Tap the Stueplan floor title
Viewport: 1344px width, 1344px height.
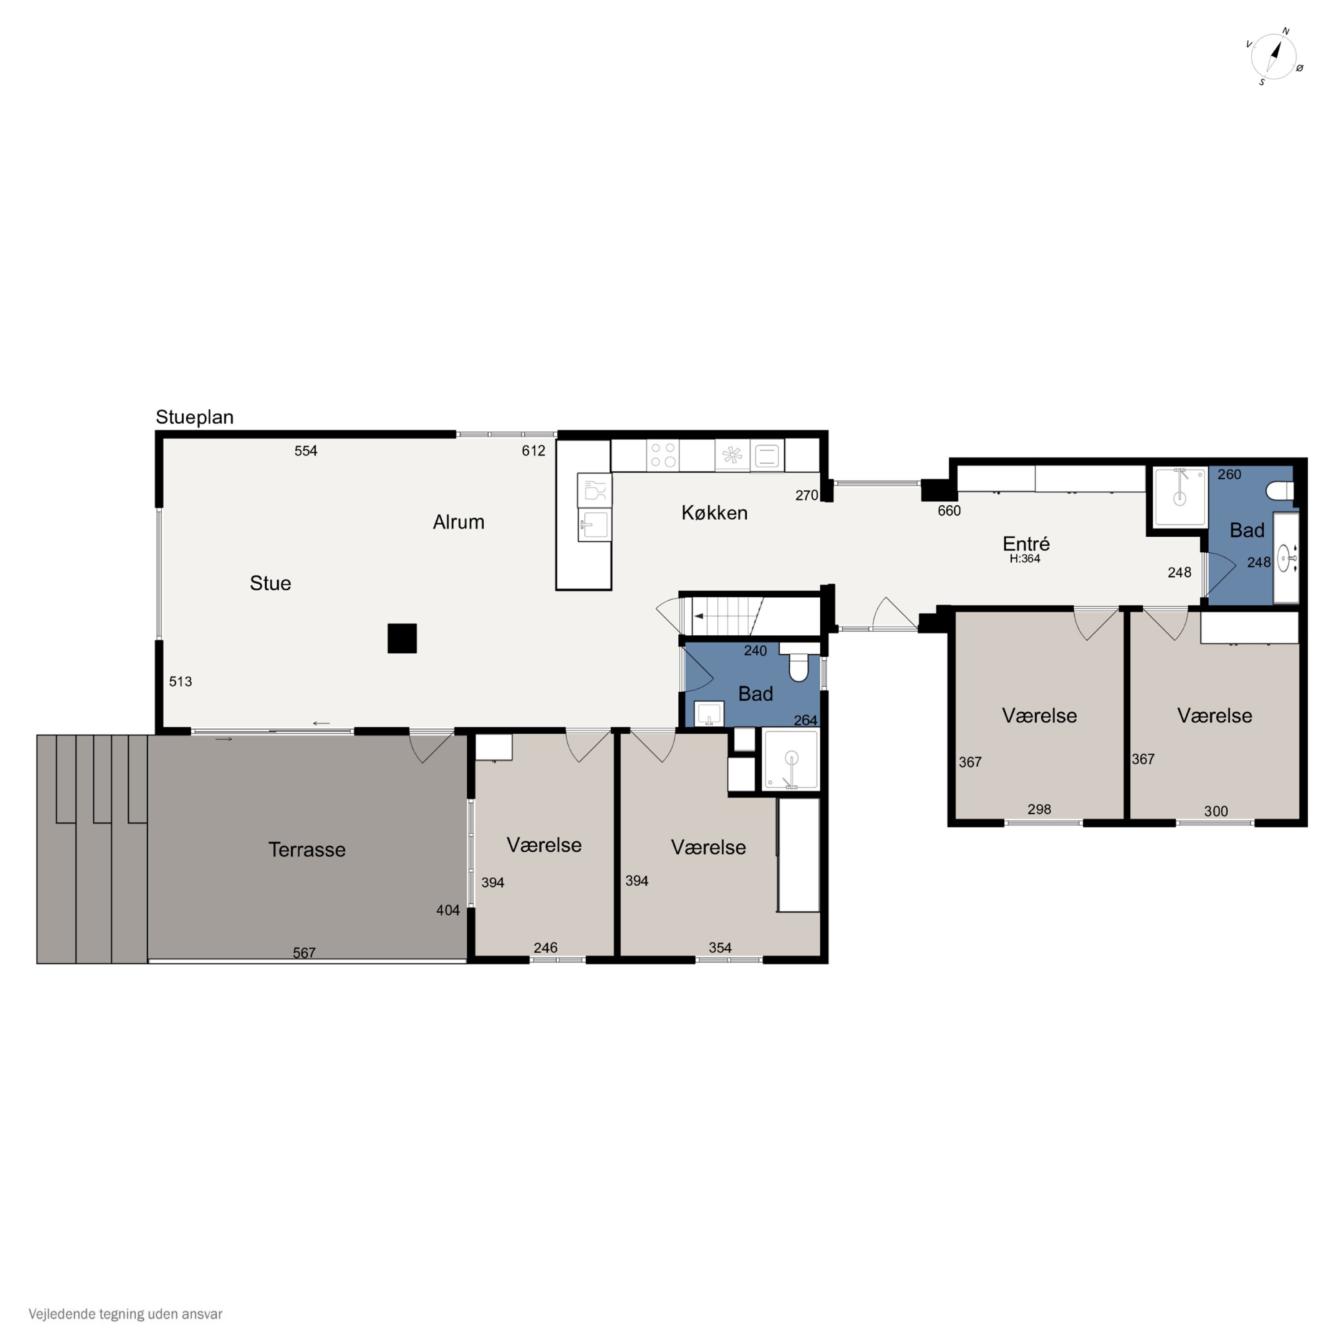(x=195, y=418)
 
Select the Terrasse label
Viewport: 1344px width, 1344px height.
(x=307, y=849)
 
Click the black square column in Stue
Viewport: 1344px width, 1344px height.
(x=402, y=638)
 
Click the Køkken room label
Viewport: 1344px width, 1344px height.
(x=715, y=513)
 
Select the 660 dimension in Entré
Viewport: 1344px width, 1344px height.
(x=949, y=511)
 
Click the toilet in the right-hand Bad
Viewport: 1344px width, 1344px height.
(x=1280, y=491)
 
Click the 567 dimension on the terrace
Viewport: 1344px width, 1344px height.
(x=304, y=952)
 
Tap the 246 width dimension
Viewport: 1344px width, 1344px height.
(x=545, y=948)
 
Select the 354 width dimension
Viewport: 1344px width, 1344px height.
(x=720, y=948)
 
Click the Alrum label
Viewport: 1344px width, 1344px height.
(x=458, y=522)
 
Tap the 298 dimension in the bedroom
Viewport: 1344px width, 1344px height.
(x=1039, y=809)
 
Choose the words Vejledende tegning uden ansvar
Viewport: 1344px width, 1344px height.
(x=125, y=1314)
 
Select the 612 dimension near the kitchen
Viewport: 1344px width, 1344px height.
(x=534, y=451)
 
